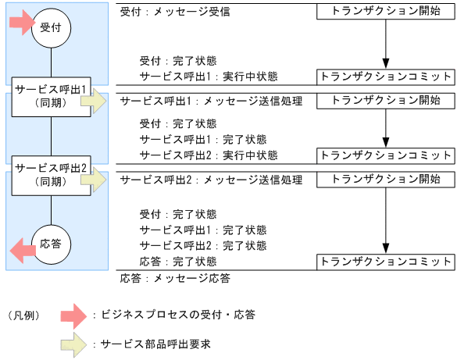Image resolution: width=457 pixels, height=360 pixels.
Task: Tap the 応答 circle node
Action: (x=51, y=244)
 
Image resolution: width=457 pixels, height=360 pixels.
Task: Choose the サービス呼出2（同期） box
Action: (x=50, y=173)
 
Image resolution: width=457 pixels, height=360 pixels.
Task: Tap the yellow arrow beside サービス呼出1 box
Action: (x=98, y=101)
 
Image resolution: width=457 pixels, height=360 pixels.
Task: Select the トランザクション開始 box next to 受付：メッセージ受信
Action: (x=385, y=12)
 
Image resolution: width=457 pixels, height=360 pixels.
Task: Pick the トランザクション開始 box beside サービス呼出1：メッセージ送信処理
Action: (x=385, y=101)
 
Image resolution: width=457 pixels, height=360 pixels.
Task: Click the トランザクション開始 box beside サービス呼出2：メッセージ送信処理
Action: (x=385, y=180)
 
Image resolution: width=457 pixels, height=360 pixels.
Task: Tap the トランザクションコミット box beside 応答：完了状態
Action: (x=385, y=261)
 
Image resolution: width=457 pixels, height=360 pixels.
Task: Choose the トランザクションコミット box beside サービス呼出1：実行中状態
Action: (x=385, y=77)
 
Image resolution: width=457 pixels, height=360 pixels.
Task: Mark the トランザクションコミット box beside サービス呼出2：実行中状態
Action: (x=385, y=155)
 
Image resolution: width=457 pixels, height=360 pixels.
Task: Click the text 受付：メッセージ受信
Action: (x=175, y=13)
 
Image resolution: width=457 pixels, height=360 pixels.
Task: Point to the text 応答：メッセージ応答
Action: (x=175, y=277)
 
